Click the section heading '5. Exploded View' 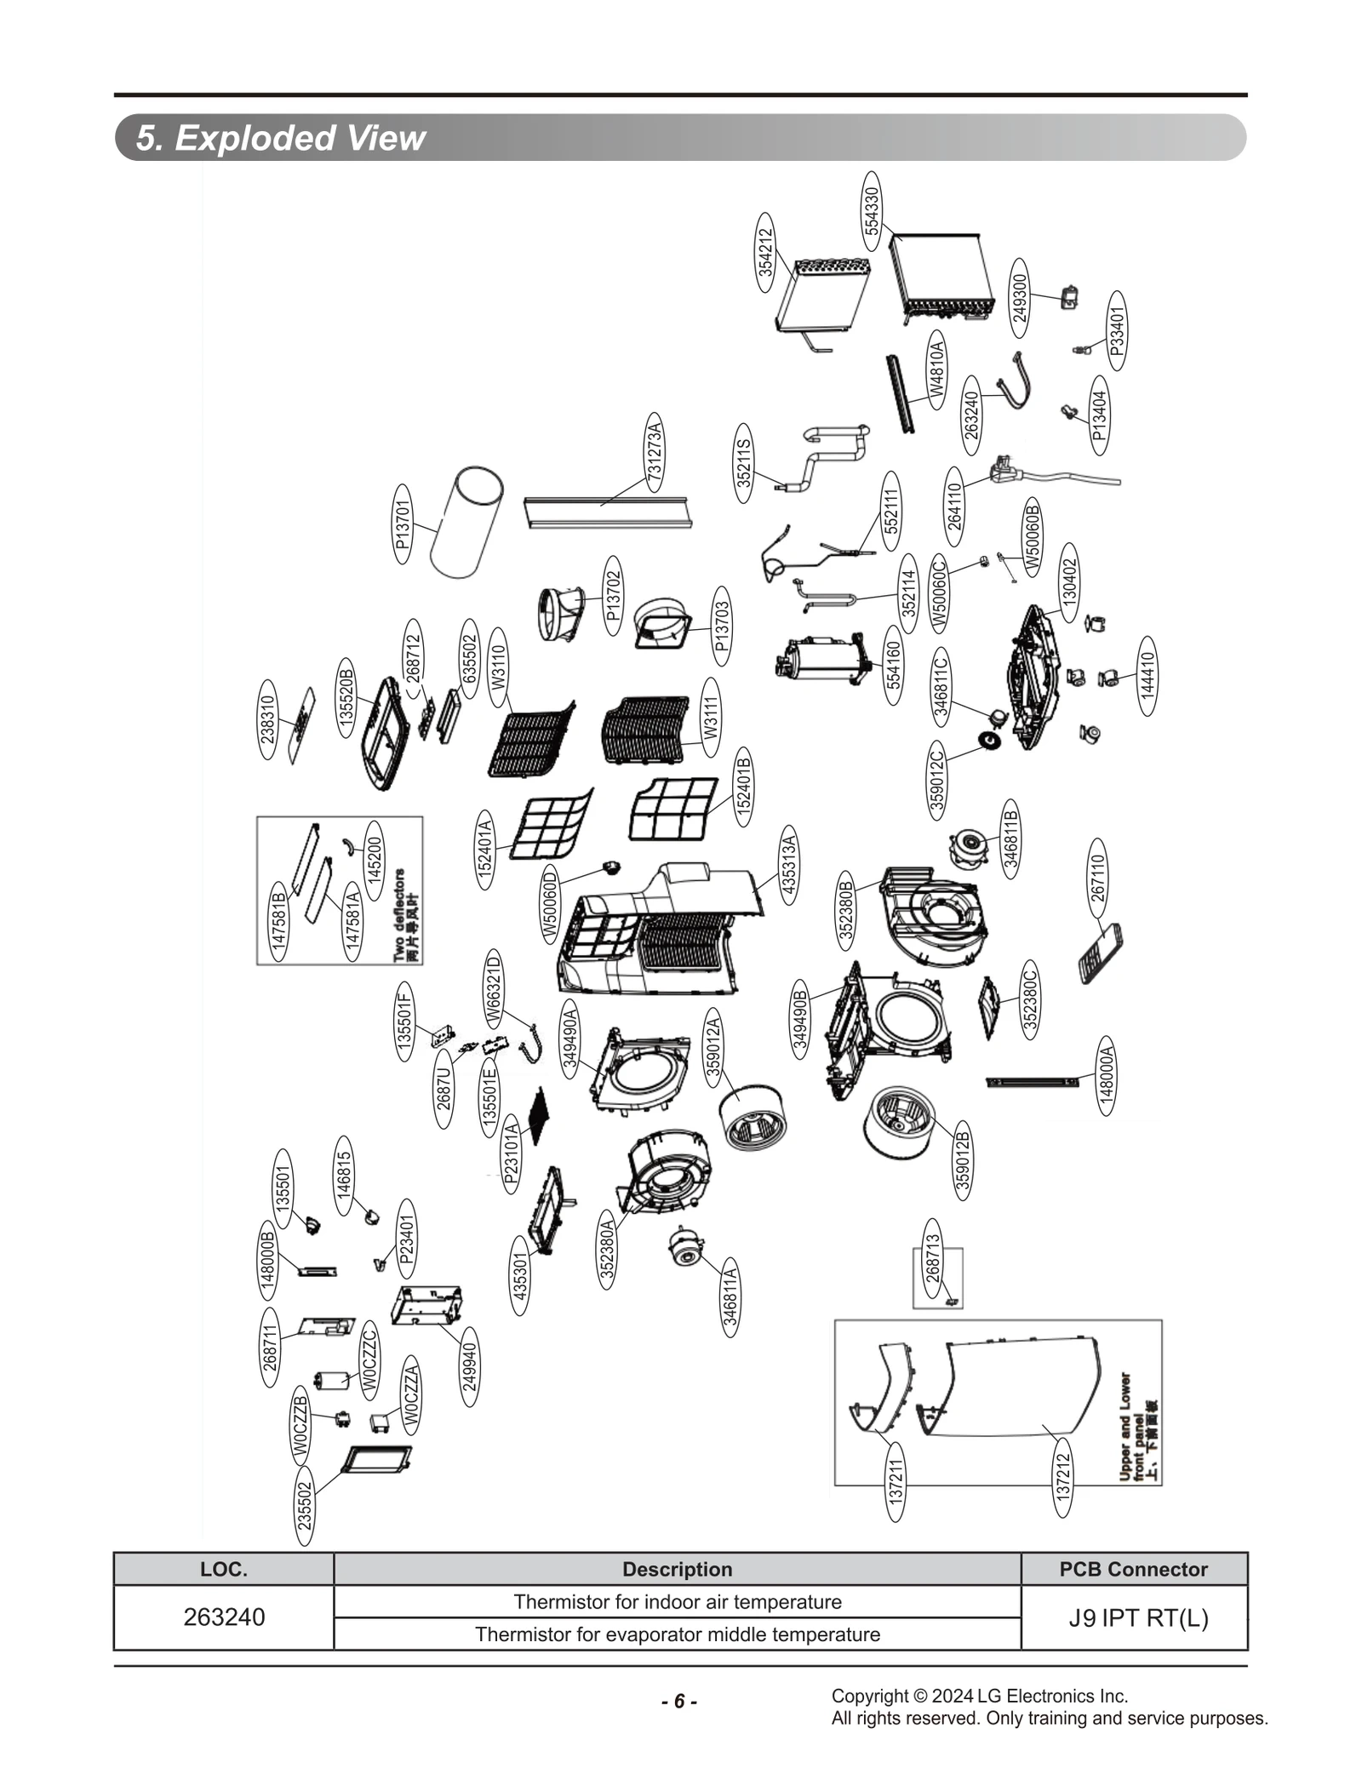pos(281,138)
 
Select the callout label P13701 pos(403,524)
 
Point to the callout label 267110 pos(1098,878)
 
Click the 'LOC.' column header pos(224,1569)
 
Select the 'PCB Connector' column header pos(1133,1569)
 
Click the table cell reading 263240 pos(224,1617)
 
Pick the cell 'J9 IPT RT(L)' pos(1138,1617)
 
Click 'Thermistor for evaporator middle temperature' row pos(678,1634)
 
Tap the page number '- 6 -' pos(679,1701)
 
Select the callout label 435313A pos(787,865)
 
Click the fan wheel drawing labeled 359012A pos(753,1117)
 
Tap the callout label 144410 pos(1147,676)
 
